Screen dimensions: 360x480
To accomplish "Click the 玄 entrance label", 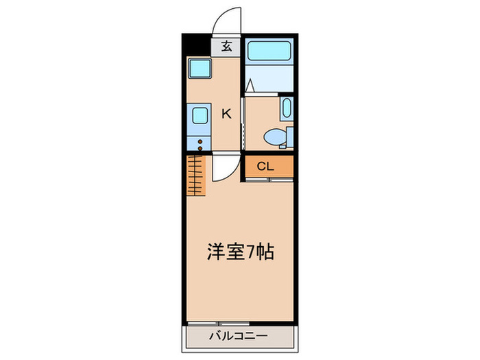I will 227,47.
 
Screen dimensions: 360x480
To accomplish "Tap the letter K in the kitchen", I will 226,114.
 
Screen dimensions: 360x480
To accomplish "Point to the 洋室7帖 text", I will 241,252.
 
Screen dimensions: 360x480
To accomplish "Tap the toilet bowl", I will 275,137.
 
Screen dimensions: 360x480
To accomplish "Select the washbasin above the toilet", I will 287,108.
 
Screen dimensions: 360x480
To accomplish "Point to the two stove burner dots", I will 200,143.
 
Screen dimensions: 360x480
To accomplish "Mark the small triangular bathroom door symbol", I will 251,87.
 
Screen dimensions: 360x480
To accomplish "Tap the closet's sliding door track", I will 269,179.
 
